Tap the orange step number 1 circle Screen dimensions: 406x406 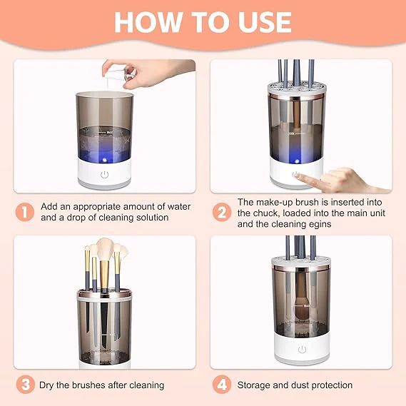click(x=26, y=212)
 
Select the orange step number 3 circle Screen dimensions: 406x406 click(x=26, y=385)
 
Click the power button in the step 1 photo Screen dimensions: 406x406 click(x=105, y=174)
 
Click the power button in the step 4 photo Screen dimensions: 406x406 click(x=302, y=349)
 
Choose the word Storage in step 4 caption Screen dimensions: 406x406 click(x=255, y=385)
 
